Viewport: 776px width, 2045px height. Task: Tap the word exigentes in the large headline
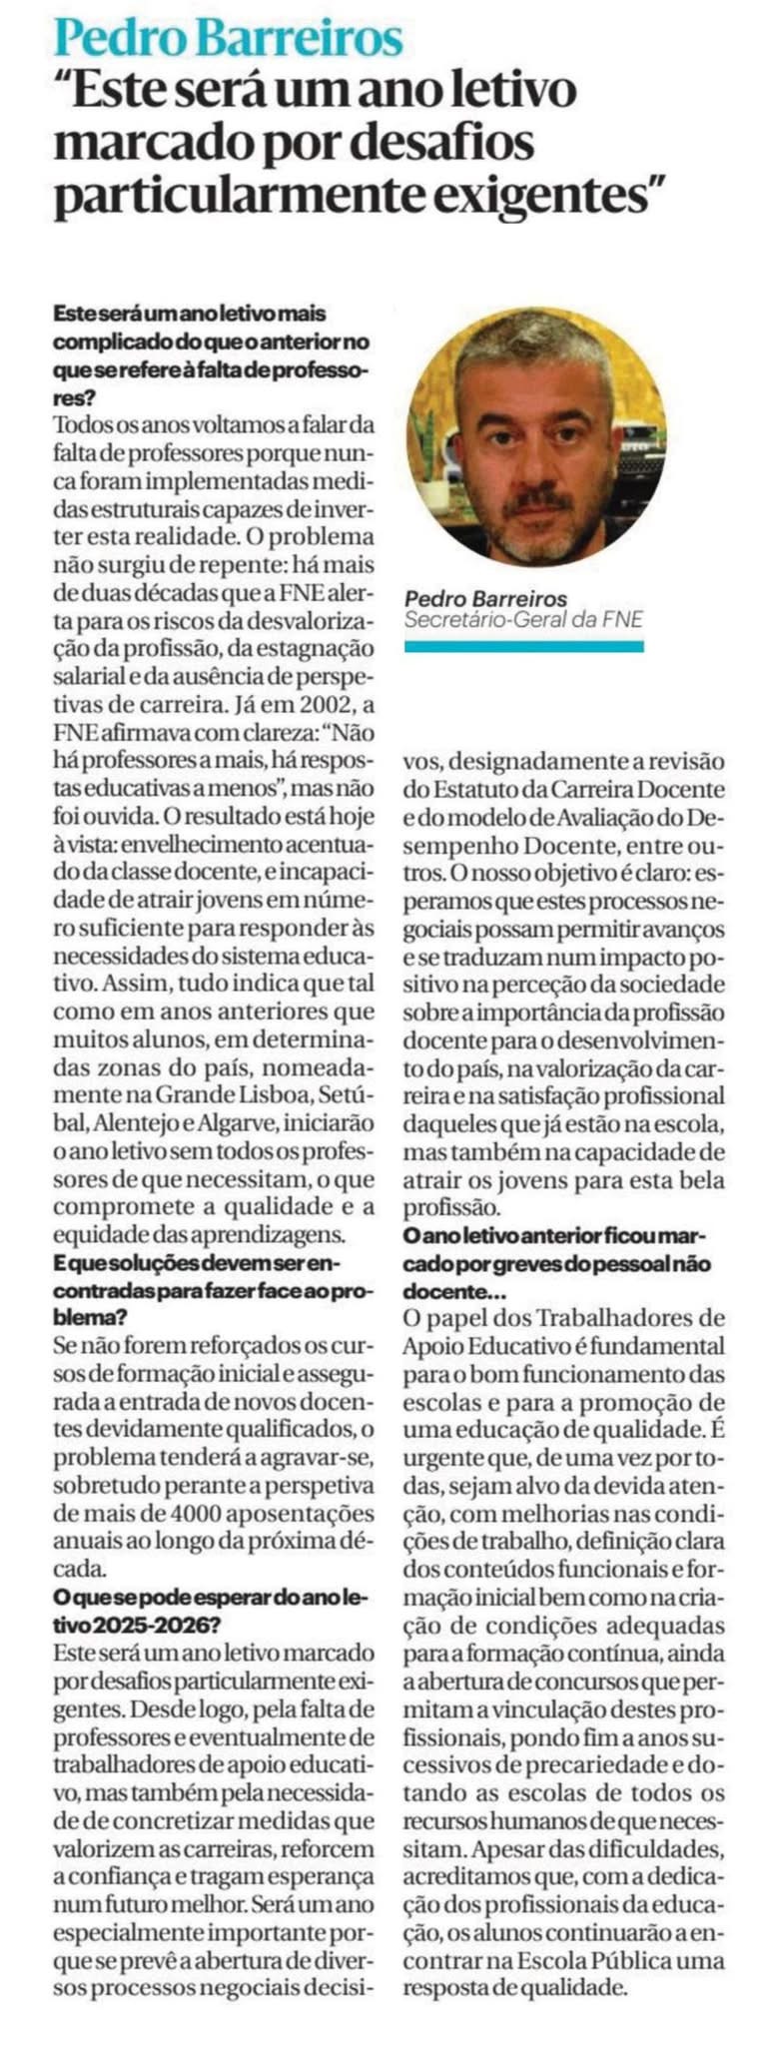tap(540, 195)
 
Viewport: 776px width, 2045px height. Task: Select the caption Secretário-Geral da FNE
tap(522, 619)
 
